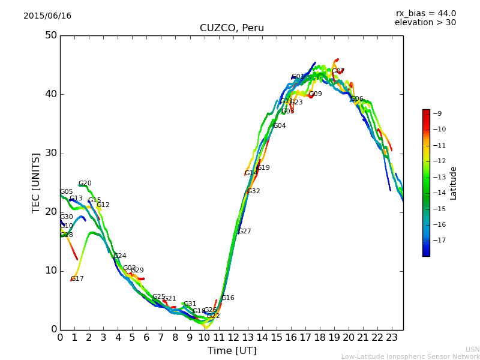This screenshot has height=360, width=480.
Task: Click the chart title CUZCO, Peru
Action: tap(232, 28)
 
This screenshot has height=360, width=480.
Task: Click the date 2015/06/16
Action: tap(47, 16)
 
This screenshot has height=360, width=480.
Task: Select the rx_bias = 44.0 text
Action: tap(425, 14)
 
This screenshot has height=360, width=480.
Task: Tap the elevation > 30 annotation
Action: tap(425, 23)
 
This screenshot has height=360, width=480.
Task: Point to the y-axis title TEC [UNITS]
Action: tap(36, 182)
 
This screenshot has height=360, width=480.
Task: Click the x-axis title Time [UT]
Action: tap(232, 351)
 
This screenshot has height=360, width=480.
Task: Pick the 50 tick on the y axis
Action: tap(51, 35)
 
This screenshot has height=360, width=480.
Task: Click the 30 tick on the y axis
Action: tap(51, 153)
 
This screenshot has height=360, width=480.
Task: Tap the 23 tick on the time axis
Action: tap(391, 338)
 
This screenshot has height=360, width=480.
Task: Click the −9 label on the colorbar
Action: tap(437, 113)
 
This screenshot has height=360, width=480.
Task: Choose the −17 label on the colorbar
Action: tap(439, 240)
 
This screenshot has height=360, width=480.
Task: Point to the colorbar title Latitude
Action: tap(454, 183)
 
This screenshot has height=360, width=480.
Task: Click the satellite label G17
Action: tap(77, 279)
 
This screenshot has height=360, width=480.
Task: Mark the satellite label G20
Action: tap(85, 184)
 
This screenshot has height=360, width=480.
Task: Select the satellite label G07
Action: tap(338, 71)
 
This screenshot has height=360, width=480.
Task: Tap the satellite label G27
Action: tap(244, 232)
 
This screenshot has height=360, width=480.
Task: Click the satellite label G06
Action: tap(356, 99)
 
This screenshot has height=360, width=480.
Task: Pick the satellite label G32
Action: tap(253, 191)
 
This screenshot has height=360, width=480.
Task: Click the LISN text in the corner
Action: tap(472, 349)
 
